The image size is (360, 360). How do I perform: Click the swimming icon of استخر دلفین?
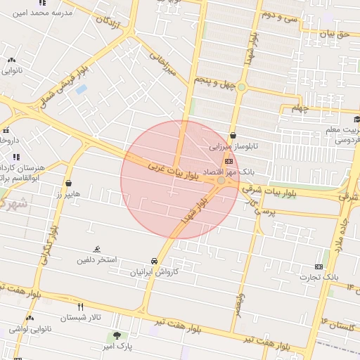point(97,250)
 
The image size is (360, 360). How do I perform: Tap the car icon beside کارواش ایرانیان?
point(154,260)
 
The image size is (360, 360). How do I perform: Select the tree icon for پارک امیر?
point(117,335)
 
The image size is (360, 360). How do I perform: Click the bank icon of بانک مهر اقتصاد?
point(229,161)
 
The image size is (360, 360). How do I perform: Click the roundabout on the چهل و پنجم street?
point(242,87)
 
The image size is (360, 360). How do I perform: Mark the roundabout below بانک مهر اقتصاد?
point(222,181)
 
